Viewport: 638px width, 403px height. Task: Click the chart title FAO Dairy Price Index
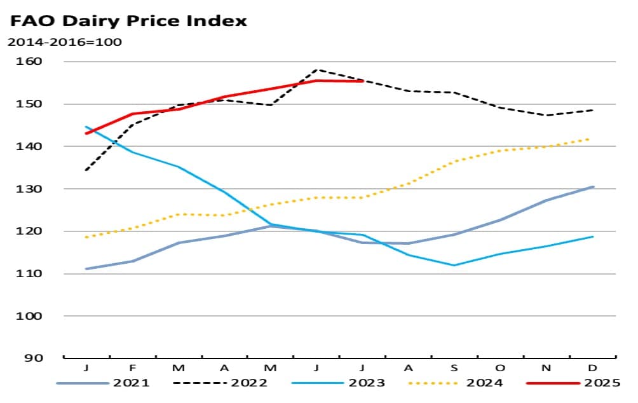pos(128,20)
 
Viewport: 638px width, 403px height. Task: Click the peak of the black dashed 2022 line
pos(316,69)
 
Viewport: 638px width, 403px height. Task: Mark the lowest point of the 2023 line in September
pos(454,265)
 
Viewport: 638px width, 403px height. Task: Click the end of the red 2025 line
pos(362,81)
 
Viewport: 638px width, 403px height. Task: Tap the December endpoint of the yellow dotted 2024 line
pos(592,138)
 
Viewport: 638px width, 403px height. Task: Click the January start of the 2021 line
pos(86,269)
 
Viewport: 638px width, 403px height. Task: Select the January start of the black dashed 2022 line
pos(86,170)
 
